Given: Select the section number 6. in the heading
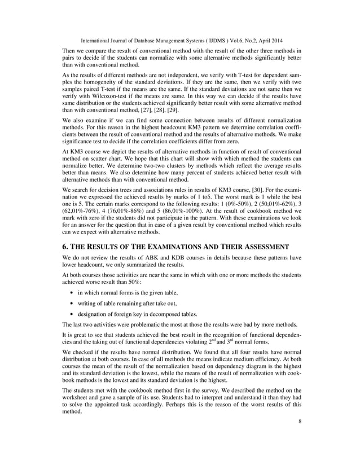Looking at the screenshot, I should pyautogui.click(x=65, y=247).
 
